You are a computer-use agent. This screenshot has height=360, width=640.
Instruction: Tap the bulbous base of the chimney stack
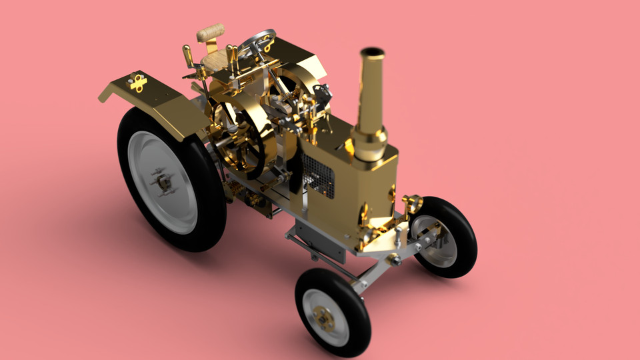point(369,143)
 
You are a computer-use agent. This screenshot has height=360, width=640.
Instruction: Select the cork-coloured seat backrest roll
point(211,32)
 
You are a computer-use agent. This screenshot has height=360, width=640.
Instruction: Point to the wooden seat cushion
point(215,61)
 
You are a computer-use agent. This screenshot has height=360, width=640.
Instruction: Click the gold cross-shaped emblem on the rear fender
point(138,83)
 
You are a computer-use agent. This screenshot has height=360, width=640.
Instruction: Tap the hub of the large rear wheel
point(162,181)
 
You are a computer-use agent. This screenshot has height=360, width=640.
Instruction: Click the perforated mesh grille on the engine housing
point(319,175)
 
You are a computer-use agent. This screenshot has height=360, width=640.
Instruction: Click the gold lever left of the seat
point(189,56)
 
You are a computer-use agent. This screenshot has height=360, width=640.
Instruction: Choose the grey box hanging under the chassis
point(321,240)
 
